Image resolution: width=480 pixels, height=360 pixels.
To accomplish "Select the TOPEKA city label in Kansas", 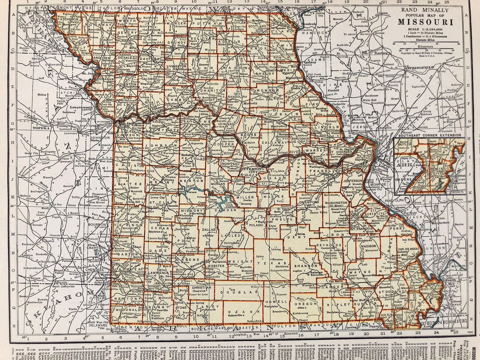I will coord(39,128).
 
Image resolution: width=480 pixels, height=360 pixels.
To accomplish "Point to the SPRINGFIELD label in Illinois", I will coord(420,67).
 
